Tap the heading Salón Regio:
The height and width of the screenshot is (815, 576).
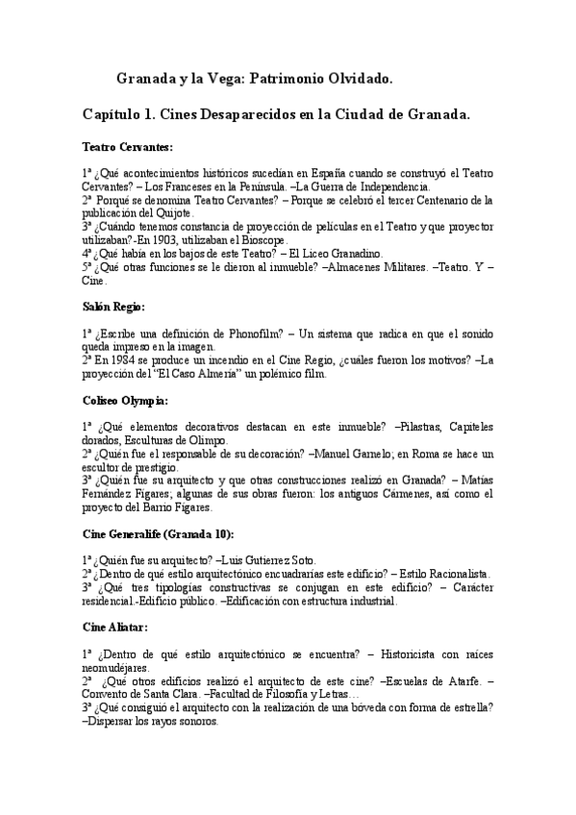113,307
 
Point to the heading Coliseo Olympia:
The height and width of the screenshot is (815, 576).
125,399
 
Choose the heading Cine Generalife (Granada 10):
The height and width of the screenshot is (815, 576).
158,532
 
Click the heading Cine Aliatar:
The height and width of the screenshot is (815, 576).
114,600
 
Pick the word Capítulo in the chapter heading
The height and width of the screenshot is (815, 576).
119,114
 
